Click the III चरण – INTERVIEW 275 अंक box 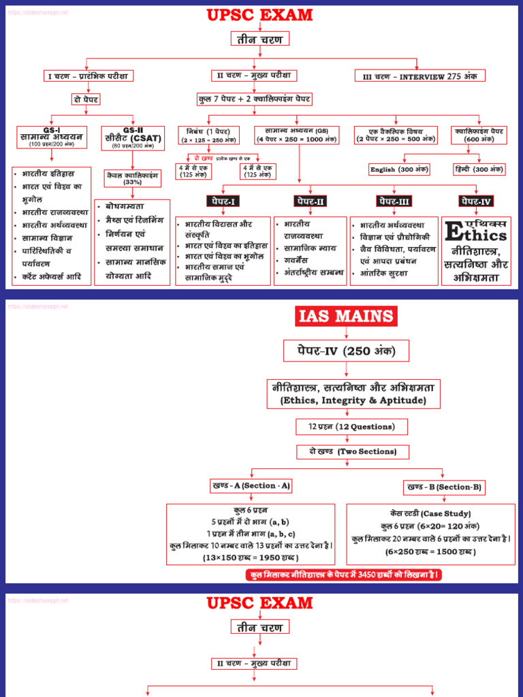click(x=420, y=76)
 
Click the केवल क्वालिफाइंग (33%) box click(x=132, y=178)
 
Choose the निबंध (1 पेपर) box click(x=208, y=135)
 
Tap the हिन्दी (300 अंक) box click(x=479, y=169)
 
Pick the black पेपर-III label click(x=395, y=201)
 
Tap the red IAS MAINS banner click(x=346, y=316)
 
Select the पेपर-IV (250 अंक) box click(x=347, y=351)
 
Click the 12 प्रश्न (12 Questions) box click(x=351, y=427)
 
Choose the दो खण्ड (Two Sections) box click(x=347, y=452)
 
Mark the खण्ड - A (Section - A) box click(x=251, y=485)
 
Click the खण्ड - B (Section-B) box click(x=444, y=487)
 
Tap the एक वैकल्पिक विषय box click(x=396, y=135)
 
